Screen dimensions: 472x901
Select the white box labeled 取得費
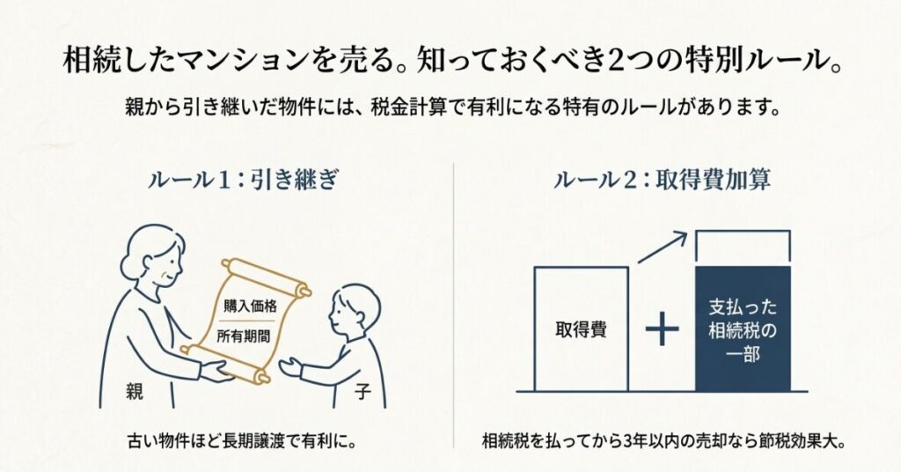[x=581, y=329]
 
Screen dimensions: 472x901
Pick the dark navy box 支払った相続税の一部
[x=743, y=330]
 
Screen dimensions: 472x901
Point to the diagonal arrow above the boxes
[x=662, y=247]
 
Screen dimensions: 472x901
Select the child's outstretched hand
[x=291, y=366]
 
